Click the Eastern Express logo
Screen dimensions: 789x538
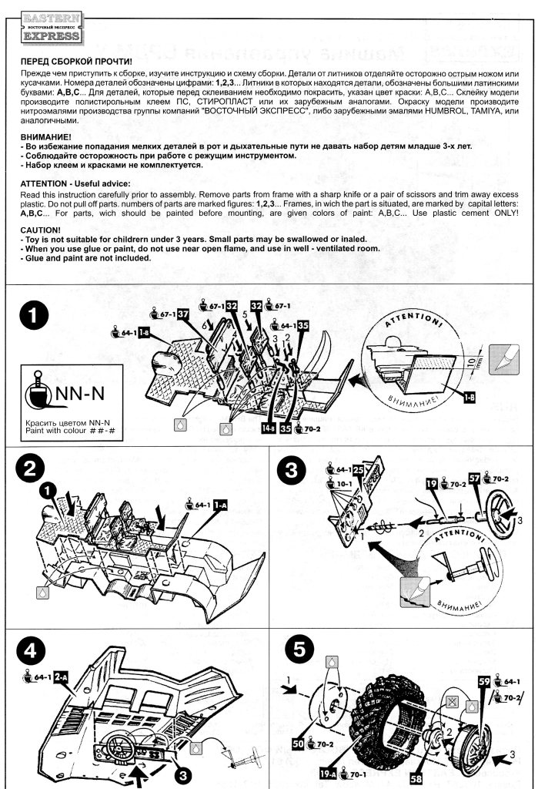click(x=50, y=27)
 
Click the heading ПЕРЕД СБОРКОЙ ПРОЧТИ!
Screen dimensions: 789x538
click(x=75, y=61)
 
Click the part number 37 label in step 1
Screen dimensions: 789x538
click(x=183, y=314)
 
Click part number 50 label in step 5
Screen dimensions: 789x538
click(x=297, y=744)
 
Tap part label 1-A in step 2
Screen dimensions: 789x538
click(x=221, y=505)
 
